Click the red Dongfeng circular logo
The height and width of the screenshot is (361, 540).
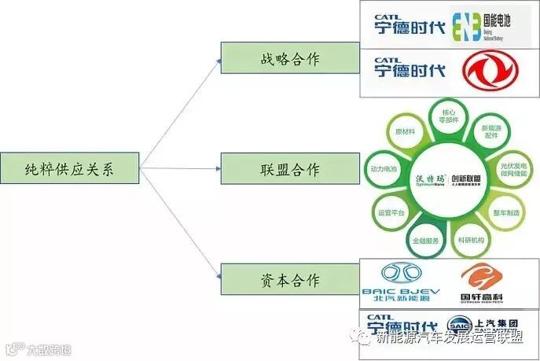(x=489, y=72)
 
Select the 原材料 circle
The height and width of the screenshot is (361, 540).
(x=406, y=132)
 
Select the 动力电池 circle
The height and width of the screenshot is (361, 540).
(x=385, y=168)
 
